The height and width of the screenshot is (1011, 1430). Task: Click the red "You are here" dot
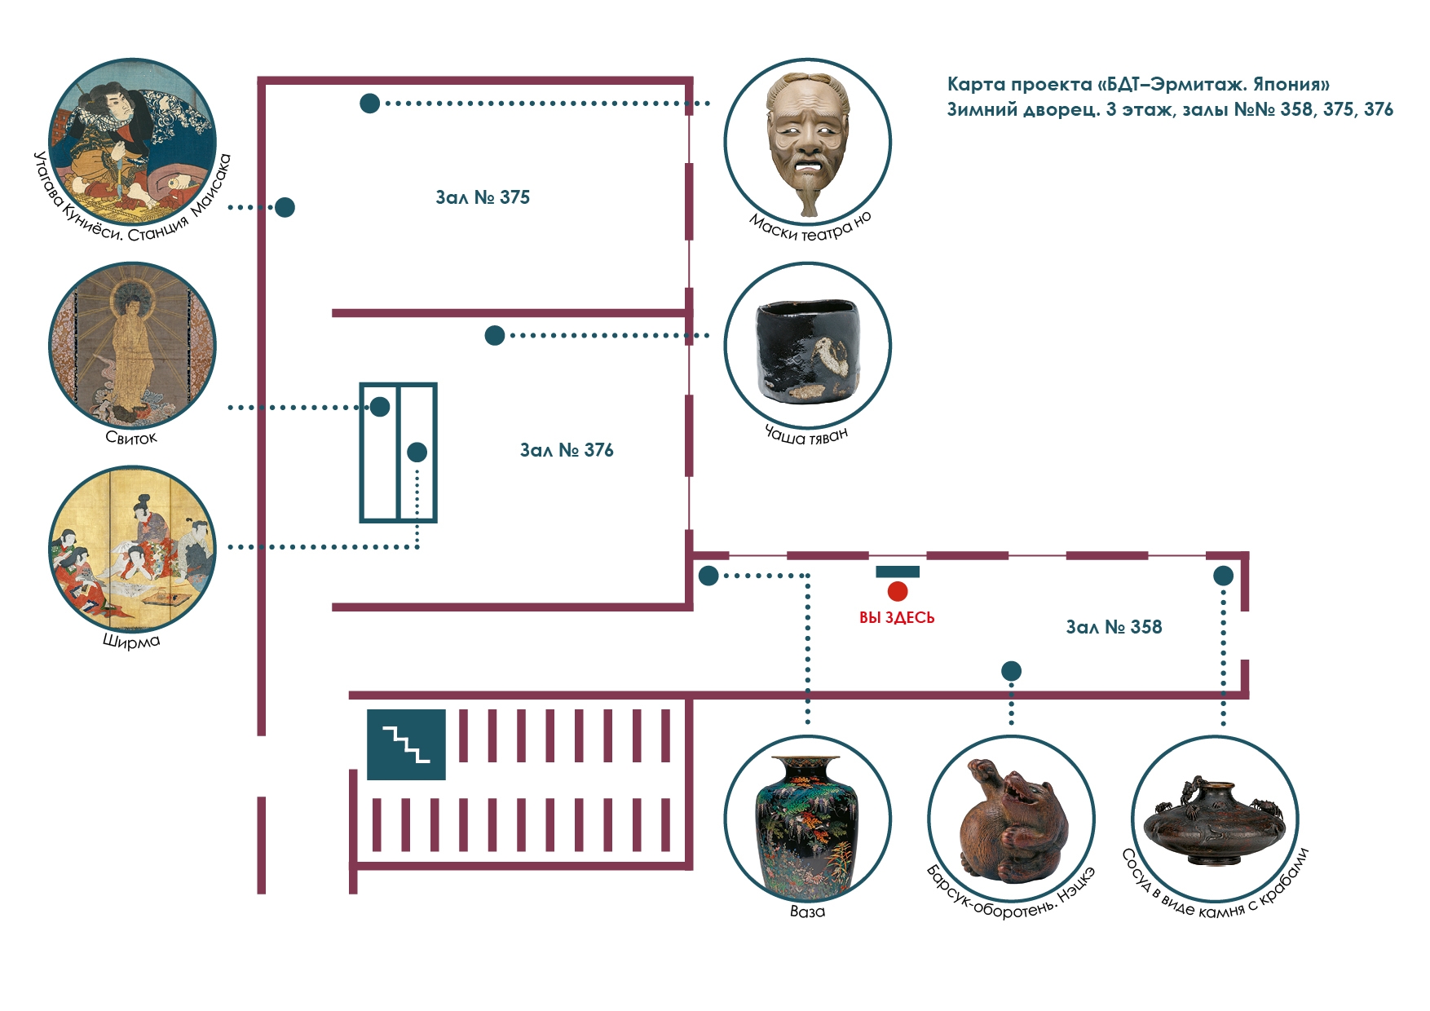click(x=898, y=591)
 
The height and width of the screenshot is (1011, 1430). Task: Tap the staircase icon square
click(x=406, y=744)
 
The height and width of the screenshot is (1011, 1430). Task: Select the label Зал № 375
click(x=483, y=197)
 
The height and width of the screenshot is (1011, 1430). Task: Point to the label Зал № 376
click(x=567, y=450)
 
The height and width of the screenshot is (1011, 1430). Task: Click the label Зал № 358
click(x=1114, y=627)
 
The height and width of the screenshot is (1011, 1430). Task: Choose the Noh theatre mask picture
click(x=808, y=142)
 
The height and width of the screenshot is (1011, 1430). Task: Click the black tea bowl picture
click(x=808, y=346)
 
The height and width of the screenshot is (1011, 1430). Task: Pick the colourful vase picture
click(x=808, y=819)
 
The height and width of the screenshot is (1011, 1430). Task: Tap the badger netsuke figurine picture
click(x=1012, y=819)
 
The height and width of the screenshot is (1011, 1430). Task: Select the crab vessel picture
click(x=1216, y=819)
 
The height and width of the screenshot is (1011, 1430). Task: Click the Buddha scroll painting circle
click(x=133, y=345)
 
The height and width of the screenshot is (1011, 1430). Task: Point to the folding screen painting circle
click(x=133, y=549)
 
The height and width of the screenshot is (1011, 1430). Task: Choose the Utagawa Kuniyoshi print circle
click(x=133, y=142)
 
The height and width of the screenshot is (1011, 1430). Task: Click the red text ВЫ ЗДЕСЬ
click(x=897, y=618)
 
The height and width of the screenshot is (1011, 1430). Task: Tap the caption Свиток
click(x=131, y=438)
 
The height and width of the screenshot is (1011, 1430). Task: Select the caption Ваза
click(x=807, y=912)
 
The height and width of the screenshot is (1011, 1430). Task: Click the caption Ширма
click(x=131, y=641)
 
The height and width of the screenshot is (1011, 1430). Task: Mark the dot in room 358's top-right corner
click(x=1223, y=576)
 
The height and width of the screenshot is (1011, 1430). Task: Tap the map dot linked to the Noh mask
click(x=370, y=104)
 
